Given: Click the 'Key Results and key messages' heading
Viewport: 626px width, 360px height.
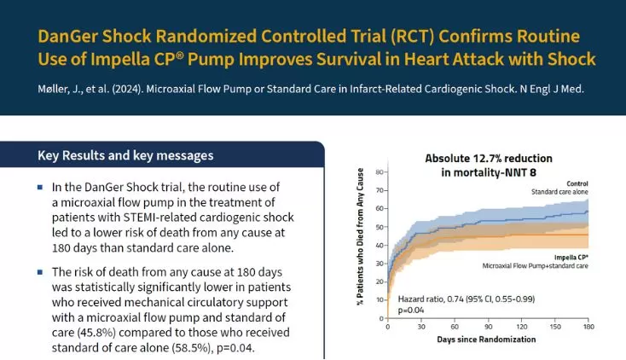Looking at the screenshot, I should [125, 156].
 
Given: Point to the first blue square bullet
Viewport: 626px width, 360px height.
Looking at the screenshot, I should [40, 187].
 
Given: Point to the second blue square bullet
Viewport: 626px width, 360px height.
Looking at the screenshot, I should [40, 272].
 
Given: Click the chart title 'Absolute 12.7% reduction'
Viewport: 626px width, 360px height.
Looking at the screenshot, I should [490, 158].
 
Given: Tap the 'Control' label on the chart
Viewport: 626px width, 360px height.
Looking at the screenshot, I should [577, 183].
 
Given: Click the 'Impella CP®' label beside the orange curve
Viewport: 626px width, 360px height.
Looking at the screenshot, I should [571, 254].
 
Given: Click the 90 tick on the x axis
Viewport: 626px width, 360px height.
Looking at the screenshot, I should [490, 327].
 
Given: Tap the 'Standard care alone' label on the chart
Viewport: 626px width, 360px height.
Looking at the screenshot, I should [560, 192].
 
